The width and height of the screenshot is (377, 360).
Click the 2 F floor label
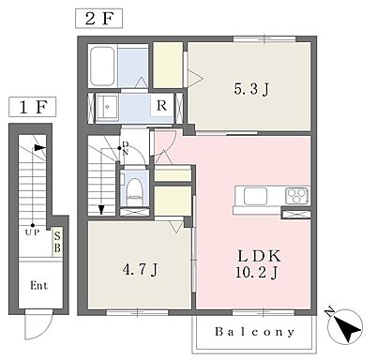point(98,19)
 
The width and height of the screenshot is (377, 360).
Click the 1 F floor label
point(33,107)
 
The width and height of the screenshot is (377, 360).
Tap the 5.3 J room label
point(251,89)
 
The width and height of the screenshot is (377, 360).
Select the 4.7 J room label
point(140,269)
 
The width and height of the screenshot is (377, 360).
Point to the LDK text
point(259,256)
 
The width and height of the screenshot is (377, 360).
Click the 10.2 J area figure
point(256,273)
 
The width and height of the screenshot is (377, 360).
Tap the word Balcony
point(254,332)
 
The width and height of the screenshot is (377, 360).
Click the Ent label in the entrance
point(39,286)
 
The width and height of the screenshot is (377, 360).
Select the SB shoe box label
point(57,243)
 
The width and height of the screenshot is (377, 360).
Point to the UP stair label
point(32,232)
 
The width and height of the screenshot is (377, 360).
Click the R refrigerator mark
point(161,106)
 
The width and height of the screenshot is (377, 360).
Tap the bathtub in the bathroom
point(102,67)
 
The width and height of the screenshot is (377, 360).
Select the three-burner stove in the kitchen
point(297,196)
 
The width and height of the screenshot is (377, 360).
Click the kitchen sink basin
point(255,196)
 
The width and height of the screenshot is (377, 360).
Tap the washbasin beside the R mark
point(107,107)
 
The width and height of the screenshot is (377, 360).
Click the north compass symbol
point(344,327)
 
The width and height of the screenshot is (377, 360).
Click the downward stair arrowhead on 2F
point(101,210)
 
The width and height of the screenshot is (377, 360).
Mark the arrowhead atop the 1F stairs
point(40,148)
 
